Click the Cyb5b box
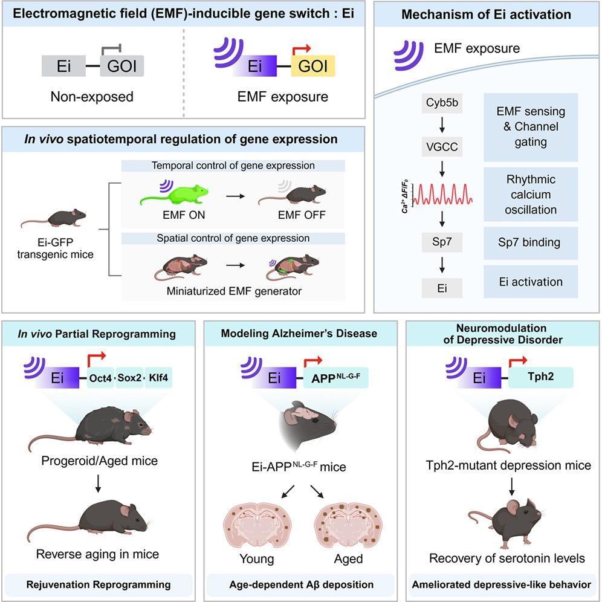(443, 103)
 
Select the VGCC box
(443, 147)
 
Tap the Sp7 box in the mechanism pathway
(443, 244)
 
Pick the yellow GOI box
(314, 65)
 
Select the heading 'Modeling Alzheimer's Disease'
(299, 334)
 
